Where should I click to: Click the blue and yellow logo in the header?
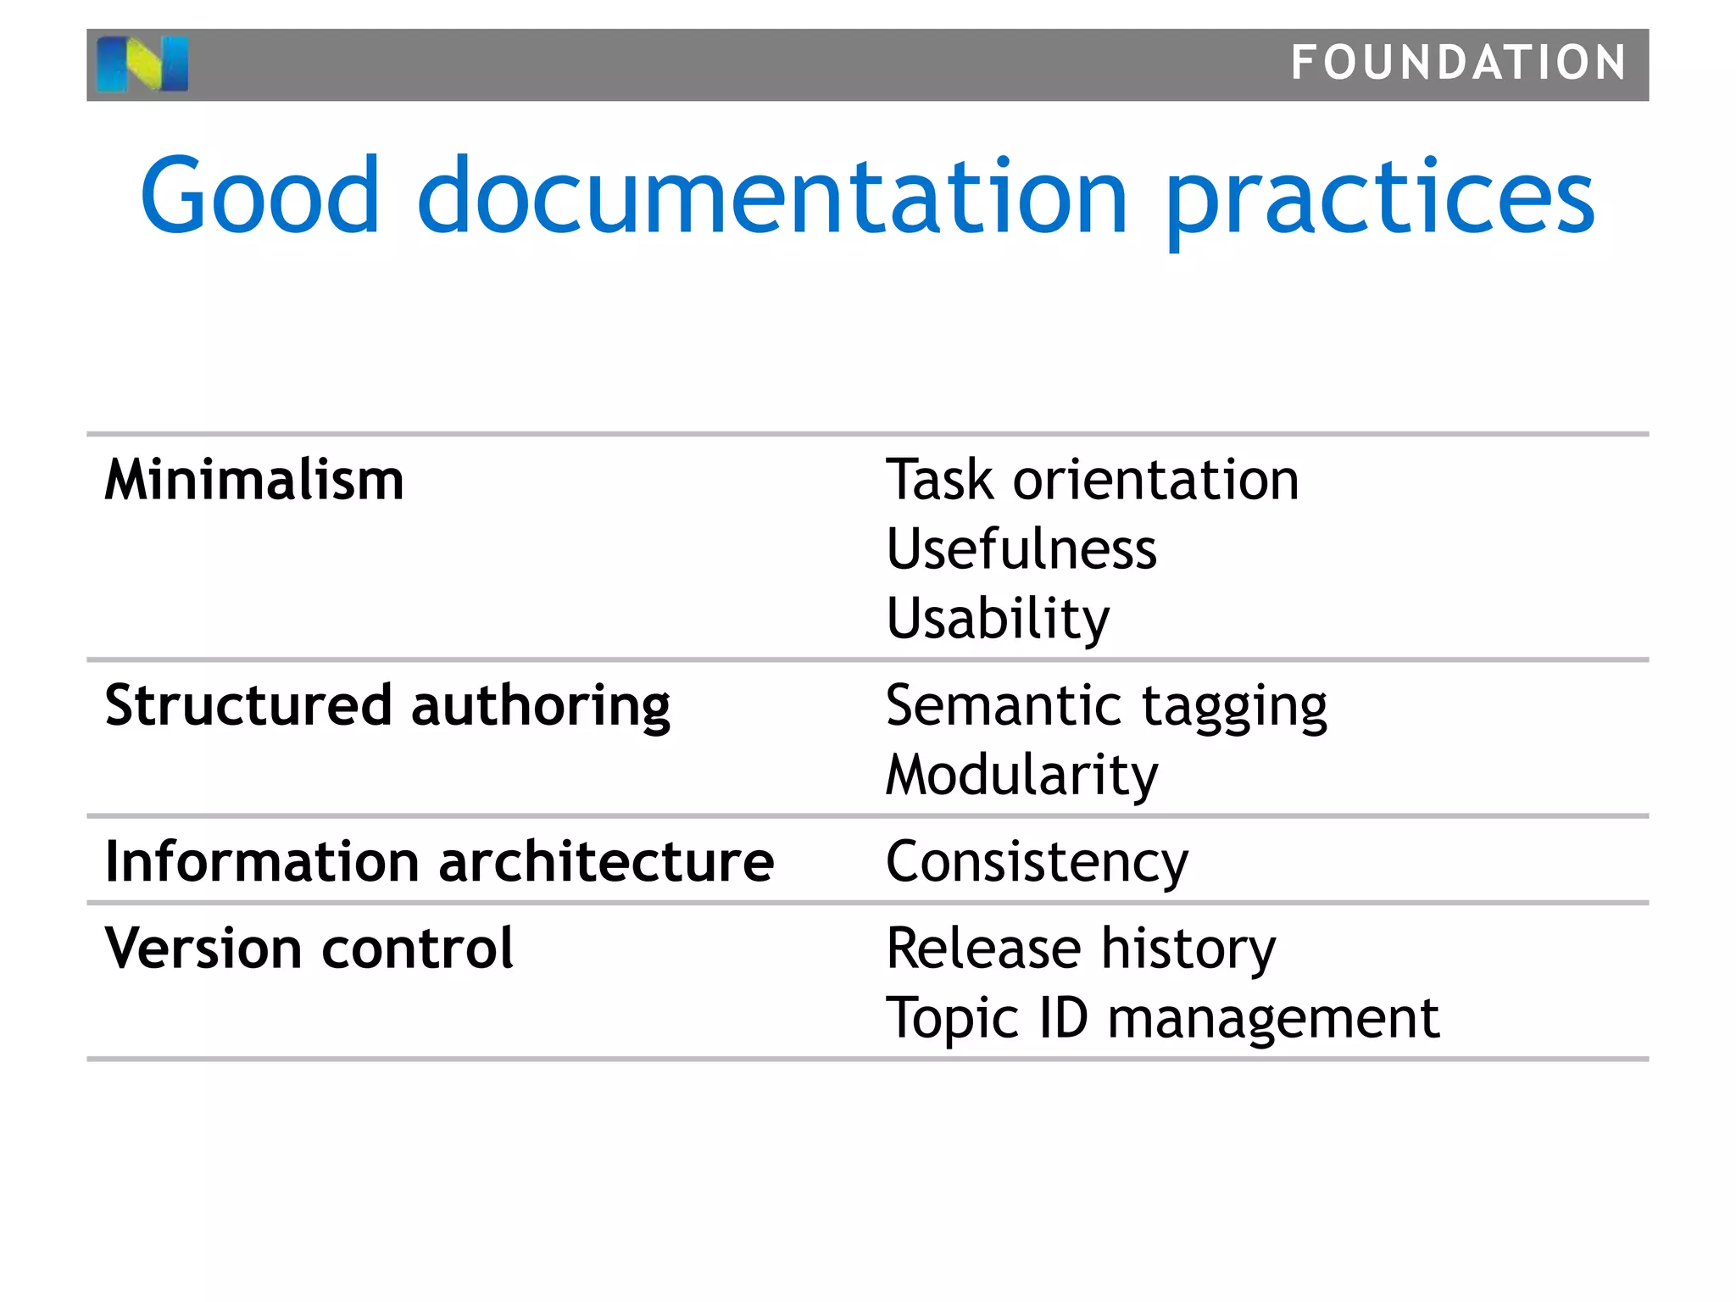tap(142, 64)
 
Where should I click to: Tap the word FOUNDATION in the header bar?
tap(1458, 64)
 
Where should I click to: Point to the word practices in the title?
tap(1380, 199)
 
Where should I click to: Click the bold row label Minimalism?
tap(254, 480)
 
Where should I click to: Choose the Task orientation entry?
tap(1092, 480)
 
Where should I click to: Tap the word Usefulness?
tap(1021, 549)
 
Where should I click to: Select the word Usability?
tap(997, 619)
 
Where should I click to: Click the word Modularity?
tap(1021, 776)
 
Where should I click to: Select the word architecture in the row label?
tap(606, 861)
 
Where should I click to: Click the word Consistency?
tap(1037, 863)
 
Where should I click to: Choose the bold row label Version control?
tap(309, 948)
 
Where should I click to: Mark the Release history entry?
tap(1080, 949)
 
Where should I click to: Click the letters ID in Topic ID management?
tap(1063, 1017)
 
